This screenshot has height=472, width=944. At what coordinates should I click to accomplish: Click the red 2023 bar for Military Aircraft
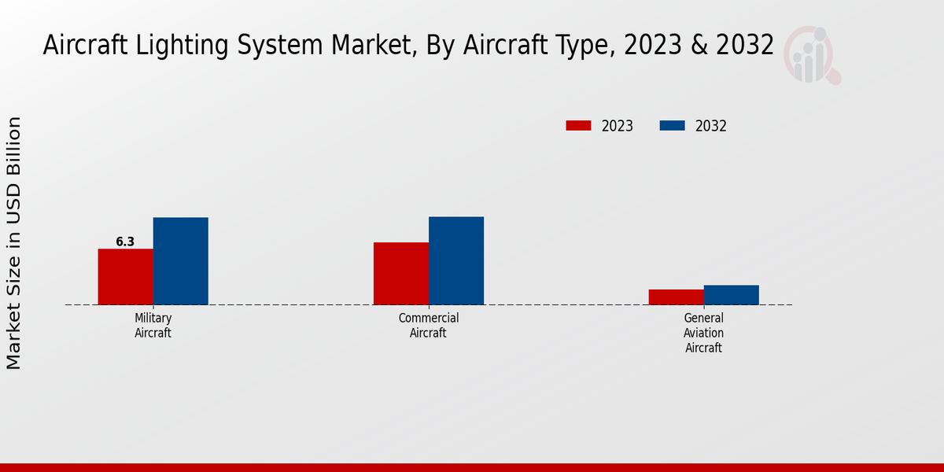pos(125,277)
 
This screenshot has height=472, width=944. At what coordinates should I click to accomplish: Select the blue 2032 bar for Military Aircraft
pos(181,261)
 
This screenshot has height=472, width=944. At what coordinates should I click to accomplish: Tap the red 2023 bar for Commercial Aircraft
pos(401,274)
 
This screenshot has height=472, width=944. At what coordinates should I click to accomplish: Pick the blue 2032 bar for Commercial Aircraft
pos(456,260)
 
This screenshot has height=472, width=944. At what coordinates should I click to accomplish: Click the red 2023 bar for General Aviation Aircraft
pos(677,297)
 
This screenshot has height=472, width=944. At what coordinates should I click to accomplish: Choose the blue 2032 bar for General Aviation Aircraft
pos(732,295)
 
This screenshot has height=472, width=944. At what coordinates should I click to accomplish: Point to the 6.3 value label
pos(125,242)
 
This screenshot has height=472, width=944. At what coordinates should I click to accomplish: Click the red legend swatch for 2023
pos(578,126)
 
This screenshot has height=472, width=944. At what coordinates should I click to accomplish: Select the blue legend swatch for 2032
pos(672,126)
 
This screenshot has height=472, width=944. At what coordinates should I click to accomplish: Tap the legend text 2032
pos(711,126)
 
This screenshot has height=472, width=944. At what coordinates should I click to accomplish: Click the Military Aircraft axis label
pos(153,326)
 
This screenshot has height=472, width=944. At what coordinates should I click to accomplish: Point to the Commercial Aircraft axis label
pos(428,326)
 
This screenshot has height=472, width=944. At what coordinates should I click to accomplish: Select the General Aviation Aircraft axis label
pos(703,333)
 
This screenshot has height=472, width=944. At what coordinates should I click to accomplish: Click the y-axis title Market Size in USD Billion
pos(14,243)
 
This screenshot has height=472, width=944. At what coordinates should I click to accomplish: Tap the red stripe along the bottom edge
pos(472,467)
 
